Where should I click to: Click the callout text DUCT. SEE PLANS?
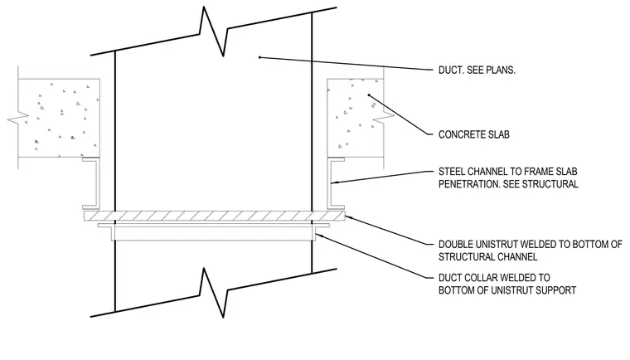(x=477, y=70)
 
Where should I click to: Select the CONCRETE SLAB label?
(x=473, y=134)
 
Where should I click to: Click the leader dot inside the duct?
(x=259, y=57)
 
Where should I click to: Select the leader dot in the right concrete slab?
(x=369, y=95)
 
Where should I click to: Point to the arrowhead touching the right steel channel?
(x=334, y=183)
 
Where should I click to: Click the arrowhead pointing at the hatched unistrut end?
(x=348, y=217)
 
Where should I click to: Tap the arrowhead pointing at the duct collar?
(x=319, y=235)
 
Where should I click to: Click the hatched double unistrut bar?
(x=215, y=216)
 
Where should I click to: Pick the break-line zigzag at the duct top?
(x=213, y=32)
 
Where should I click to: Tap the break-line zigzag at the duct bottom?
(x=213, y=293)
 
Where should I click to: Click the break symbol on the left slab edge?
(x=18, y=119)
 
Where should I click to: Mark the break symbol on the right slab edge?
(x=384, y=117)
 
